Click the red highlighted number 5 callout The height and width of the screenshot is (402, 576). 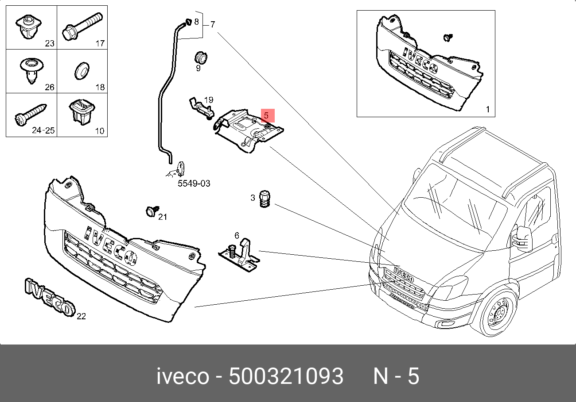267,115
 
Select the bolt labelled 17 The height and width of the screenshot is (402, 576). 82,26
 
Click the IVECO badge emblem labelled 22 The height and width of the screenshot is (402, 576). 49,298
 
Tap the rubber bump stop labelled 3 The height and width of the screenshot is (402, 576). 265,199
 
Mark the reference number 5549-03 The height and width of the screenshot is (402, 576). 194,183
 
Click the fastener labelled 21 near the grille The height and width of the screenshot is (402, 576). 152,211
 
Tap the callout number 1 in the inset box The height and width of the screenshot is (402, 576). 488,109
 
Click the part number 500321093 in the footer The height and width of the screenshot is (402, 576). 286,377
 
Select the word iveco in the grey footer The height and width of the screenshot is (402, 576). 183,377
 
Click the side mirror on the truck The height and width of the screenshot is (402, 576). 523,238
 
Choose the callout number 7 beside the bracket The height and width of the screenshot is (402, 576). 213,24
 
